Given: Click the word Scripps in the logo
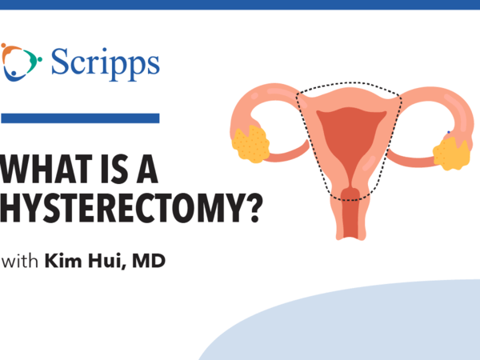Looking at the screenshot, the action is coord(105,64).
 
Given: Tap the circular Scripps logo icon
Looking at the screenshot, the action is coord(21,62).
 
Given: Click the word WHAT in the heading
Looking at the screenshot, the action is coord(46,169).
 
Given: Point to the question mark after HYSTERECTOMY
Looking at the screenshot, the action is coord(254,208).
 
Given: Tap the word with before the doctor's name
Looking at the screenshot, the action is coord(19,261).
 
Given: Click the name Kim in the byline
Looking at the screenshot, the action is coord(63,261).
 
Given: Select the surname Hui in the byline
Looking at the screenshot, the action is coord(107,261).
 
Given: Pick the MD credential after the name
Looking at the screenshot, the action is coord(149,261).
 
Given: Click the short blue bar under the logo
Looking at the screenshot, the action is coord(80,118).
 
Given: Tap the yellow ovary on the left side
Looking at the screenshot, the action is coord(250,144).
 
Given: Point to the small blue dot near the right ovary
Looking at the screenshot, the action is coord(449,132).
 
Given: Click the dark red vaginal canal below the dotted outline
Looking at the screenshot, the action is coord(350,218).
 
